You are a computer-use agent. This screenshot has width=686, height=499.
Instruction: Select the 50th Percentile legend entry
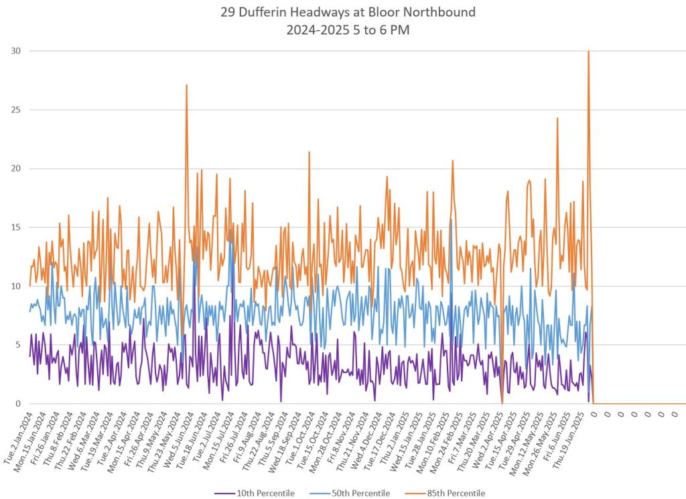[x=355, y=493]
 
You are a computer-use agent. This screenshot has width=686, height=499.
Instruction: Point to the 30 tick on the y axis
[x=15, y=51]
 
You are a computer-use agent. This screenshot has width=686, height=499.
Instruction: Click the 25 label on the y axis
[x=15, y=110]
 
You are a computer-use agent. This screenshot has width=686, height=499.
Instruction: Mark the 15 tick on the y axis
[x=15, y=228]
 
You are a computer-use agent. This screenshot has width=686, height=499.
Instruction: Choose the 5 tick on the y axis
[x=17, y=345]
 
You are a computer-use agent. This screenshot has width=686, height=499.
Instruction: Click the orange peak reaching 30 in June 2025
[x=588, y=52]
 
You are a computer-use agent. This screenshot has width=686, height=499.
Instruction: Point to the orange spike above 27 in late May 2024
[x=186, y=85]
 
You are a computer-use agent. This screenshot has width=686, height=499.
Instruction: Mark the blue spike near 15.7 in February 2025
[x=451, y=220]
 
